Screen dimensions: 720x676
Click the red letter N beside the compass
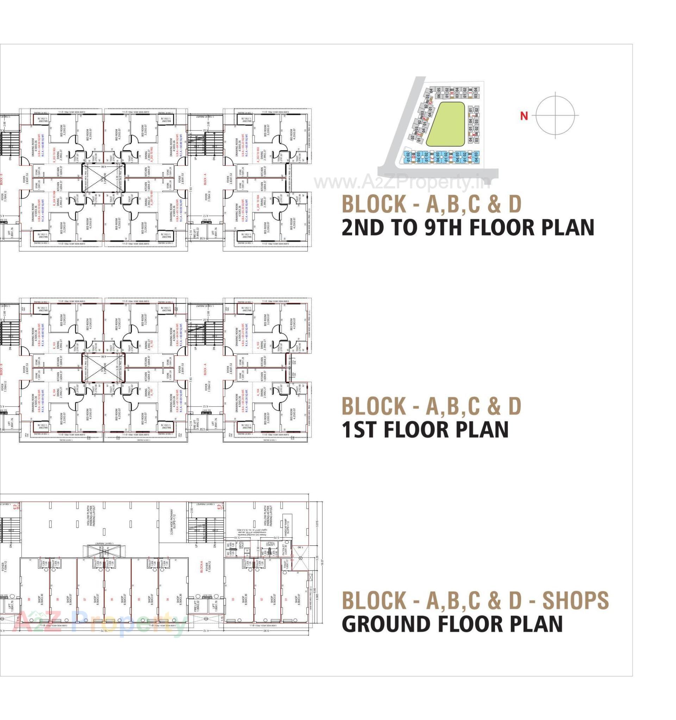524,116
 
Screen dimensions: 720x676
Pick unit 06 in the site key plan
439,96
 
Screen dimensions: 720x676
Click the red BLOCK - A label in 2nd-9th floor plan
205,179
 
